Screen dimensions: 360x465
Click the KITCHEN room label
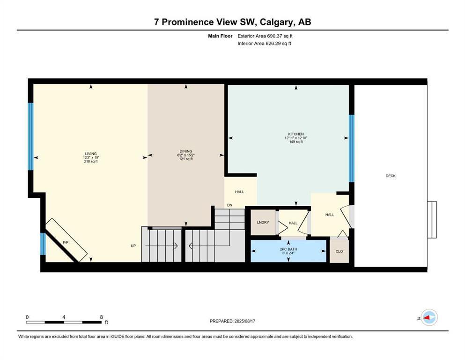(296, 134)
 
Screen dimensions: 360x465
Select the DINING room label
(185, 151)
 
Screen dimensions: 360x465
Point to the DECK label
(391, 176)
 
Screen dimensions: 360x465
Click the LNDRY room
(263, 222)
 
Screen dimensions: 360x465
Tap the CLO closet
(339, 252)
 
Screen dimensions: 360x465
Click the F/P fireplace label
(66, 242)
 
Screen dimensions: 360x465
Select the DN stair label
(229, 205)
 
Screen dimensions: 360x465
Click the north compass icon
(428, 318)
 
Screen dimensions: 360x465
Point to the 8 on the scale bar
(101, 317)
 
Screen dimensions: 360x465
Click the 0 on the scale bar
(27, 317)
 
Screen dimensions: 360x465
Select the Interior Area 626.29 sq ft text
(265, 44)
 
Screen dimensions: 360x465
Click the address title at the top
(232, 22)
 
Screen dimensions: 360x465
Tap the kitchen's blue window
(351, 148)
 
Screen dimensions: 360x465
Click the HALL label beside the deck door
(330, 215)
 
